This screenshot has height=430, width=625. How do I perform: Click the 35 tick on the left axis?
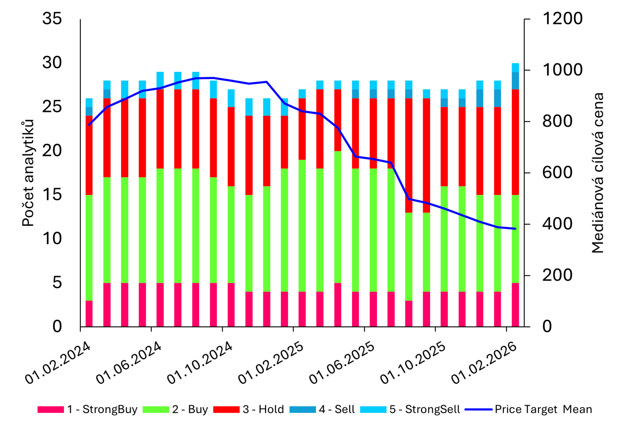(x=52, y=19)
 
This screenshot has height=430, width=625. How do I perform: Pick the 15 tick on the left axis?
(x=52, y=194)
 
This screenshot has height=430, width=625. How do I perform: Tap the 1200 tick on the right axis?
(x=562, y=19)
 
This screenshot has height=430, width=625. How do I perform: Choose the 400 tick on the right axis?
(x=557, y=224)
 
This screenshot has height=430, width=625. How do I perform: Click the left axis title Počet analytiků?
(x=28, y=173)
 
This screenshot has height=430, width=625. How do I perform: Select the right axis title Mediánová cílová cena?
(x=598, y=173)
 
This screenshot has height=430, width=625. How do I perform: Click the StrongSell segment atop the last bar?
(x=515, y=68)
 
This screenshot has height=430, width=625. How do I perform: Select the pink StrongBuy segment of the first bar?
(x=89, y=313)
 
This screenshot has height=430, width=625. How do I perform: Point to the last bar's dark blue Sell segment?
(x=515, y=81)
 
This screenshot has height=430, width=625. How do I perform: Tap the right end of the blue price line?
(x=516, y=228)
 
